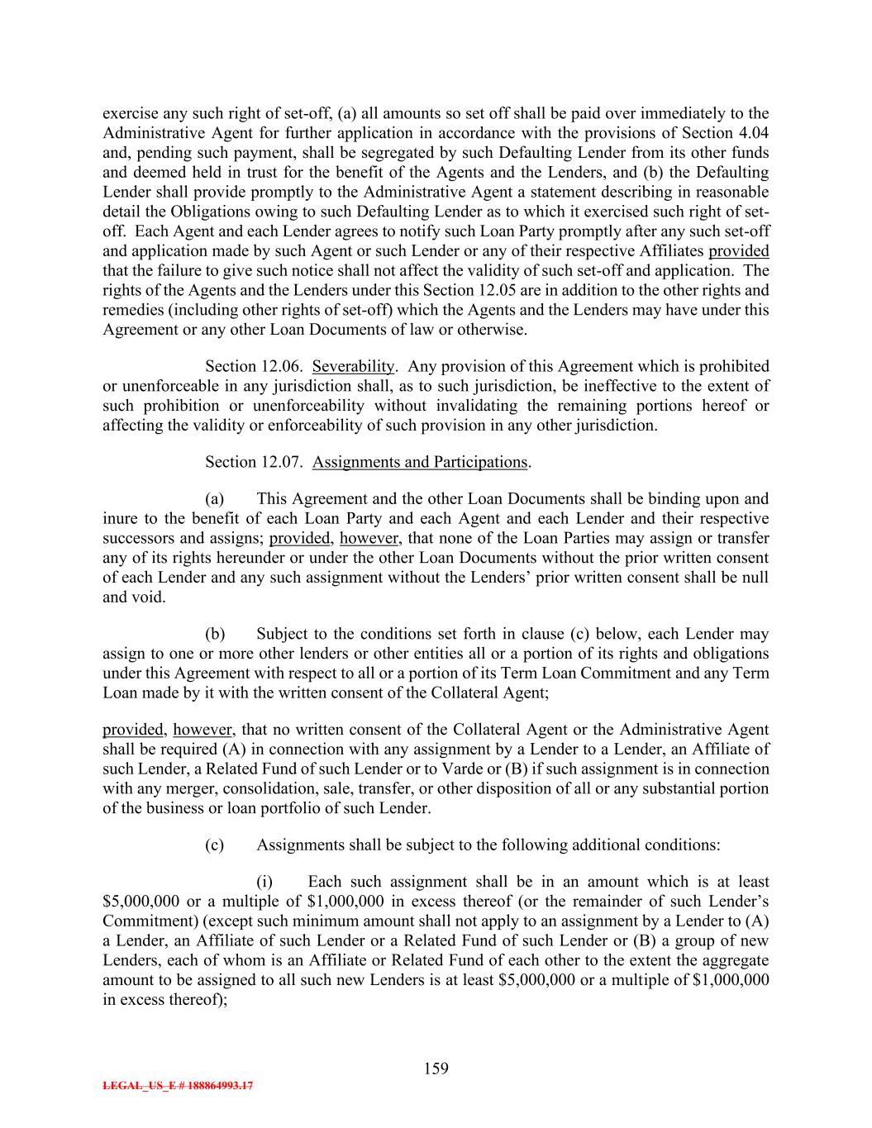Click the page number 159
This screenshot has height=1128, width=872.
[436, 1069]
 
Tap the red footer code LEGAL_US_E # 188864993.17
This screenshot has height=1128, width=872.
[178, 1087]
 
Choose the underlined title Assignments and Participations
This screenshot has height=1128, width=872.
[419, 462]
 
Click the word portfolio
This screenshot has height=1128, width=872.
[308, 808]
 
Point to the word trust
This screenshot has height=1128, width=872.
[259, 173]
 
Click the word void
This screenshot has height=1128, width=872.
[150, 597]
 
